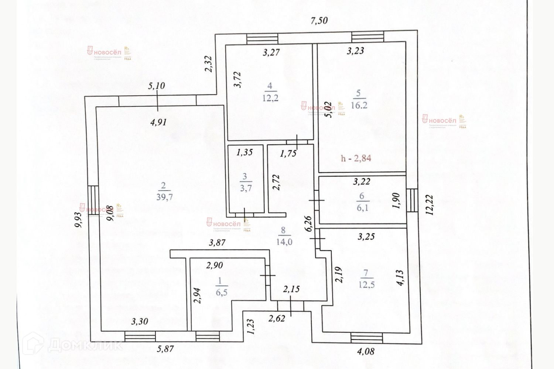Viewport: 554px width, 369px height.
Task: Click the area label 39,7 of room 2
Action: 164,197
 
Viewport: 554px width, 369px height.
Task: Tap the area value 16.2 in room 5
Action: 359,105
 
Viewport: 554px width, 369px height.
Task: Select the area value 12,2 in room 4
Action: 270,98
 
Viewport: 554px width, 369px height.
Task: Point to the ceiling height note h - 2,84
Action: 356,158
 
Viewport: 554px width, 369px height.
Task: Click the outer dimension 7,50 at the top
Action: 319,21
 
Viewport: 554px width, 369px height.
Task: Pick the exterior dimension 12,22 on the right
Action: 430,205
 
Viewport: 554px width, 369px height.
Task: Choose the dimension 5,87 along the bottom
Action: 165,349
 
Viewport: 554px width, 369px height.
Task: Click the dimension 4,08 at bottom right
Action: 366,351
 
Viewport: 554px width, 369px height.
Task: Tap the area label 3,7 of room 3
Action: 246,188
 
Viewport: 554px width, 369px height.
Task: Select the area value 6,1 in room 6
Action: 362,208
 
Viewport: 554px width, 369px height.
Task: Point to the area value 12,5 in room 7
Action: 366,284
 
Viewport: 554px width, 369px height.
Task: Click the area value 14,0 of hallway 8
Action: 284,242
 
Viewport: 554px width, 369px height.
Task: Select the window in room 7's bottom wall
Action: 366,337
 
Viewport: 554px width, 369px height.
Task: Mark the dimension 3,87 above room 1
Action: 217,243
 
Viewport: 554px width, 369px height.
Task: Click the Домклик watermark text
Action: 85,345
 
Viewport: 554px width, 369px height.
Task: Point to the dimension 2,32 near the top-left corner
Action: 209,63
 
